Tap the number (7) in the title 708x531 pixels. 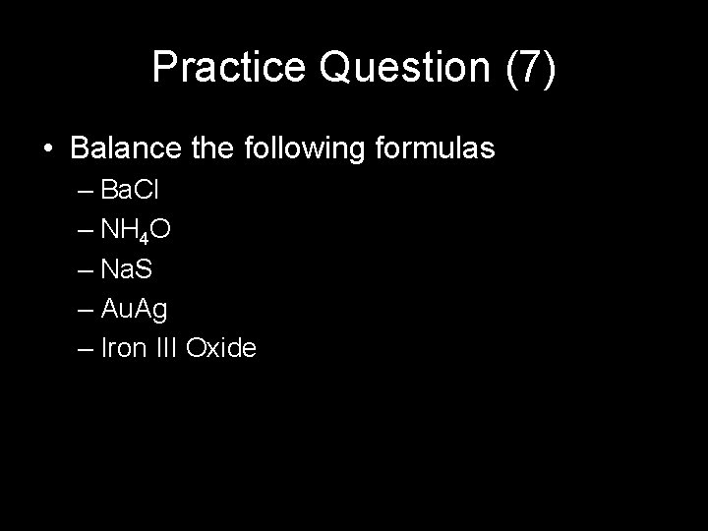pos(531,67)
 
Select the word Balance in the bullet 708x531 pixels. pos(124,149)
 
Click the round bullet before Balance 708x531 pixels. pos(49,150)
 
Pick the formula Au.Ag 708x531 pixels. pos(135,310)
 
